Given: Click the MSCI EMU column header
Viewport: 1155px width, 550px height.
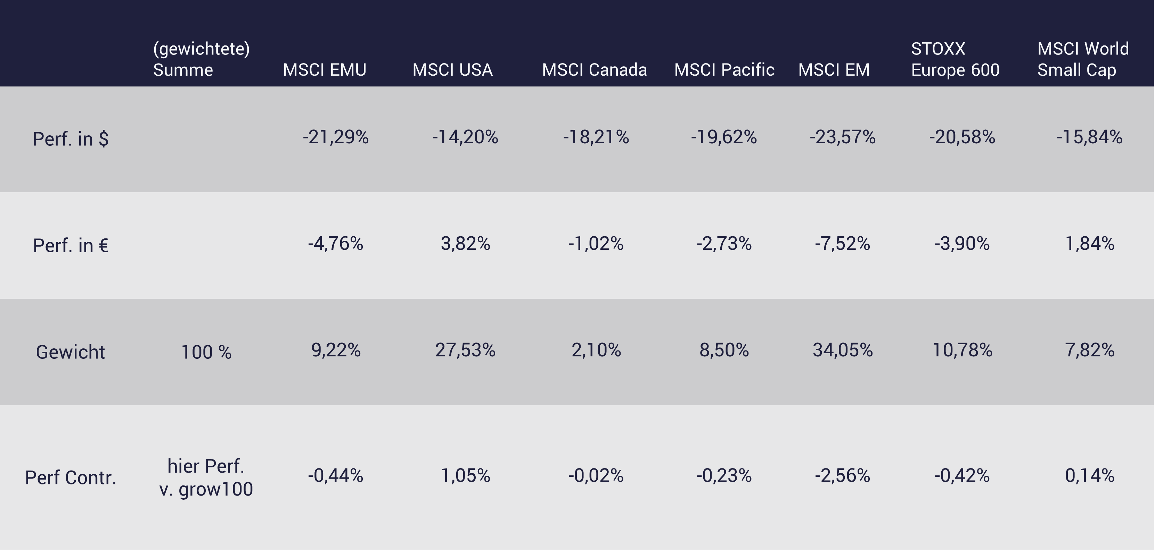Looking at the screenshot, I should tap(325, 70).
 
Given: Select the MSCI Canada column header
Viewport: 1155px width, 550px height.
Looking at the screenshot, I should tap(594, 70).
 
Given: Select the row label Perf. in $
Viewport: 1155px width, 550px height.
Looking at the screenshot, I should tap(71, 139).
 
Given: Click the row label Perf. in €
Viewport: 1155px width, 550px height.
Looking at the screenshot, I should tap(71, 245).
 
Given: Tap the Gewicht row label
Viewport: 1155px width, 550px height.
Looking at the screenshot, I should tap(71, 352).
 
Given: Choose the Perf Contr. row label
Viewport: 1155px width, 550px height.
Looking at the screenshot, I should tap(71, 477).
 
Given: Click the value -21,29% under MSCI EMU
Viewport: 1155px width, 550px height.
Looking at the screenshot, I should tap(335, 137).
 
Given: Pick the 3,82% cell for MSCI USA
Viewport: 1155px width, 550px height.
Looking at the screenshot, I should tap(465, 244).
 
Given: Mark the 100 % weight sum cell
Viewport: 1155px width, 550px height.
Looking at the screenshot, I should tap(206, 352).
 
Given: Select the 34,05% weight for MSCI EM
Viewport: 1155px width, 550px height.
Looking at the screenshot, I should tap(843, 350).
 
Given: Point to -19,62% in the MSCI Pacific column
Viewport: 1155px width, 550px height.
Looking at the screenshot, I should tap(724, 137).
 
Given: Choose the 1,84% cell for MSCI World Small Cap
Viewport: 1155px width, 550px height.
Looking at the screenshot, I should tap(1090, 244).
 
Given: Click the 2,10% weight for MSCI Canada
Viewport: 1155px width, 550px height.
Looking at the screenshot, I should tap(596, 350).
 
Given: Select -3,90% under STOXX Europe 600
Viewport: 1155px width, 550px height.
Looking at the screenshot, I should tap(962, 244).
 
